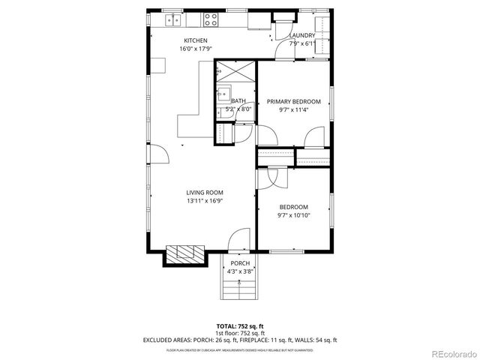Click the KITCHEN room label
(196, 40)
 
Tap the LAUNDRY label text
(302, 35)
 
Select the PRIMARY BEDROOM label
(294, 102)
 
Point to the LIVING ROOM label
(205, 193)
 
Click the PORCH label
(240, 263)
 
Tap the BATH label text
(238, 101)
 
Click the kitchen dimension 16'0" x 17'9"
(196, 49)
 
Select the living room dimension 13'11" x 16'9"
(205, 201)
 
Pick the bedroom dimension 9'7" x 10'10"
(294, 215)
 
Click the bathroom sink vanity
(223, 94)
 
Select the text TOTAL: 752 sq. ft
(240, 326)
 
